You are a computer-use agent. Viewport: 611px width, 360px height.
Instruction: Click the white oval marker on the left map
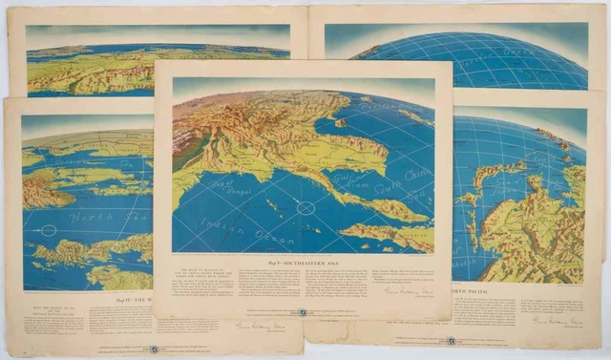49,230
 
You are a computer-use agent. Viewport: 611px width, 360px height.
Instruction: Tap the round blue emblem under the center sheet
304,312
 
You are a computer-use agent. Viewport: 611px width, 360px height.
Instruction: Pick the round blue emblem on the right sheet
450,340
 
